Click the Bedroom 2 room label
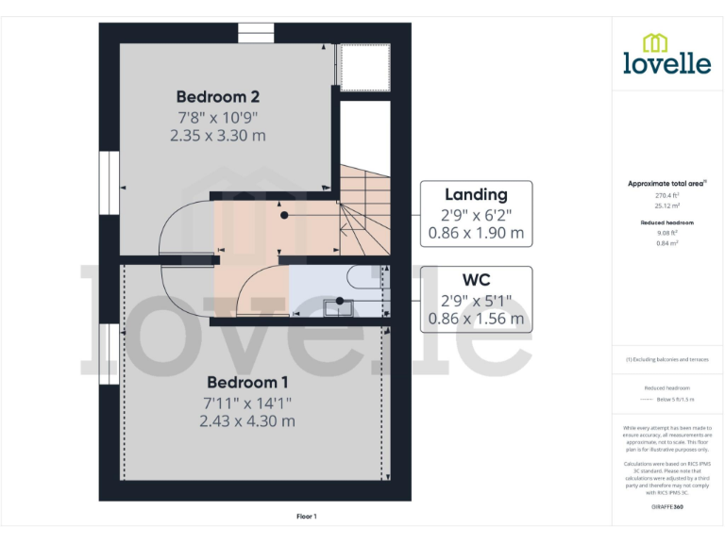217,96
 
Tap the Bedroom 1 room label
247,382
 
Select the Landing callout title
476,194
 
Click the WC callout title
476,280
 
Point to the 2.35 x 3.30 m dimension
217,136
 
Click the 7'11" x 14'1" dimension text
247,403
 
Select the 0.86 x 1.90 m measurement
476,232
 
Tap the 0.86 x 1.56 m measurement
476,318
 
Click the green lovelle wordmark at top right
666,63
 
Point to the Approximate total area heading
666,183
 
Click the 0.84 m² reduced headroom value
666,242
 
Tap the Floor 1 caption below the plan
307,516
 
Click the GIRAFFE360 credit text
666,507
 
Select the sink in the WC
337,306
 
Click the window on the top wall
256,33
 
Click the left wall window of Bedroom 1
108,352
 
